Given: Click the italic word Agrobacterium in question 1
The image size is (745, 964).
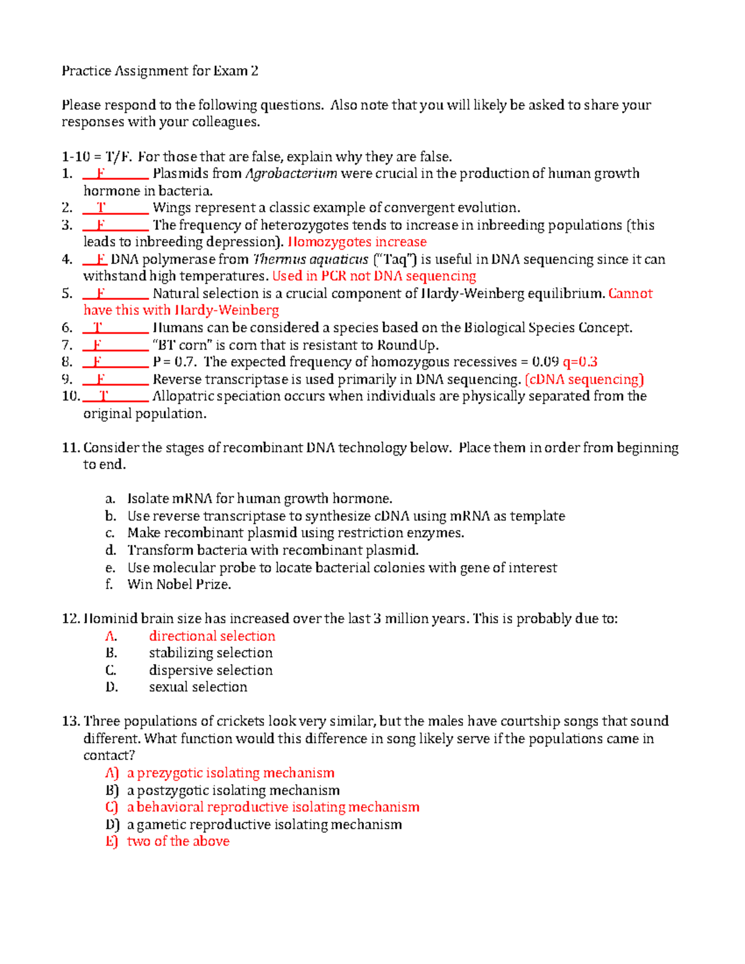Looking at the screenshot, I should coord(291,174).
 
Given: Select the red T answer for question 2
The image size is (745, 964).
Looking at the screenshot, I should coord(101,208).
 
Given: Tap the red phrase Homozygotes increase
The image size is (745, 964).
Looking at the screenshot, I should coord(357,242).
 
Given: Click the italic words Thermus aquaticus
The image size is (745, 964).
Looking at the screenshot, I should coord(310,259).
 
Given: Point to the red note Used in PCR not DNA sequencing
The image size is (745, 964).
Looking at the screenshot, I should coord(374,276).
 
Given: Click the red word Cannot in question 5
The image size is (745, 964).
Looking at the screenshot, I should coord(630,294).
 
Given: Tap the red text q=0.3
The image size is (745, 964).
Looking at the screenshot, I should coord(580,362).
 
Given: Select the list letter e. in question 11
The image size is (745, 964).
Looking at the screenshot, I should coord(111,567).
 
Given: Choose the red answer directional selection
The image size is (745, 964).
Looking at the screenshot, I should coord(212,636).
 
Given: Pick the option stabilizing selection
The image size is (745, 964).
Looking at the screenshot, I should coord(210,653).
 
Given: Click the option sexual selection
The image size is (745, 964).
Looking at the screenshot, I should coord(198,687).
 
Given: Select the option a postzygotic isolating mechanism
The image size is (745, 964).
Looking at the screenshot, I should coord(233,790).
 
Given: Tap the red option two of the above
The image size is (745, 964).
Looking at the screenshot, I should coord(178,841).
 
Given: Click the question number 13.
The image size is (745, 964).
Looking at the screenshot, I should coord(71,721).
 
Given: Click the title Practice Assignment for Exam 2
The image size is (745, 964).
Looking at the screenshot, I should coord(160,71).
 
